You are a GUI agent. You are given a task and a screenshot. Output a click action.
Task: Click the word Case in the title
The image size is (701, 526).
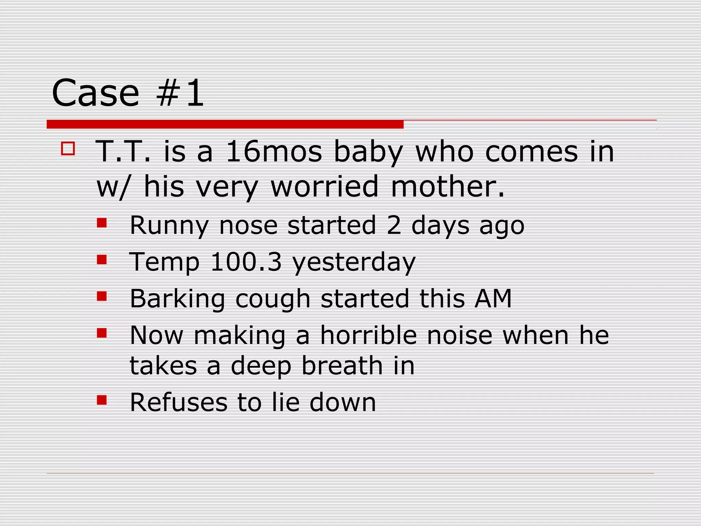click(x=95, y=93)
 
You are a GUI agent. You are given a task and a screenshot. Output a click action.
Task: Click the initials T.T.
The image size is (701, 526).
click(x=123, y=151)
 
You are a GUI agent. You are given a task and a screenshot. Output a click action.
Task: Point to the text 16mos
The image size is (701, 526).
click(x=274, y=151)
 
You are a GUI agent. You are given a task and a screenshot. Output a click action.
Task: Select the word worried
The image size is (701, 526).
click(x=324, y=187)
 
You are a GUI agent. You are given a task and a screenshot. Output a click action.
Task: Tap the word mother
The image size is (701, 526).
click(x=447, y=187)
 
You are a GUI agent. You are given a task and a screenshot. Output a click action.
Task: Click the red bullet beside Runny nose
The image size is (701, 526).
click(x=102, y=224)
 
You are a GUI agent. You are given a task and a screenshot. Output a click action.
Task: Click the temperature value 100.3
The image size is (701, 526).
click(x=246, y=262)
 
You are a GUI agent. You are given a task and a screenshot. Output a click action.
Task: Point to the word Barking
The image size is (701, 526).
click(x=177, y=299)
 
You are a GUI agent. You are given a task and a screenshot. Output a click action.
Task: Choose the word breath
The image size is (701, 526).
click(x=342, y=365)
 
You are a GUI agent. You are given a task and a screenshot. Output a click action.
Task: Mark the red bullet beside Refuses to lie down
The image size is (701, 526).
click(x=102, y=400)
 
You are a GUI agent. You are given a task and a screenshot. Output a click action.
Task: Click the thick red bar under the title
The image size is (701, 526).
click(x=225, y=124)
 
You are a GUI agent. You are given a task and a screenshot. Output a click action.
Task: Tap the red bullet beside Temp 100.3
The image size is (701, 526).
click(x=102, y=260)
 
